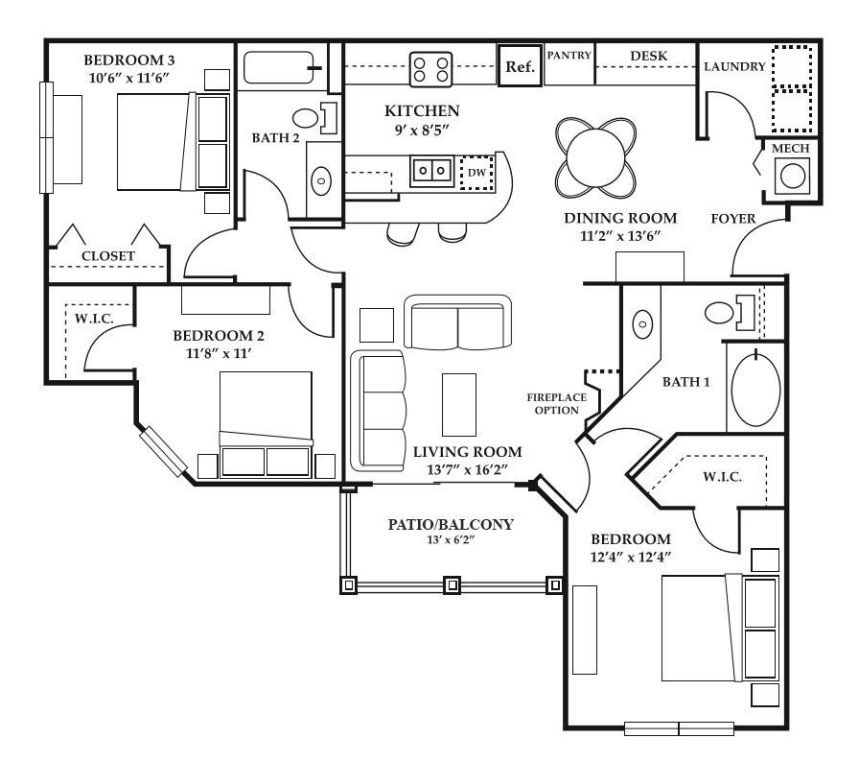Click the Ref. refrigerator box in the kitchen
pos(520,66)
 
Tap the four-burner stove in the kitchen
pos(431,69)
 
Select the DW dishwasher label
pos(477,173)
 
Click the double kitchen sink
pos(431,171)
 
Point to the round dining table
pos(595,158)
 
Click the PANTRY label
pos(569,55)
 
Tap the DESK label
pos(649,56)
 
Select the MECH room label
pos(790,148)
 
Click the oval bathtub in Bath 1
pos(755,390)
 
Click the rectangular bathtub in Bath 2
pos(279,67)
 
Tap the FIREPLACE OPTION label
pos(557,403)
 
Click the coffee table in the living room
pos(459,405)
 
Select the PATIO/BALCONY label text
pos(451,525)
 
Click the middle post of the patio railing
pos(452,584)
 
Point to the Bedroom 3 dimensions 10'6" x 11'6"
pos(128,78)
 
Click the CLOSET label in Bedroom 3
pos(108,256)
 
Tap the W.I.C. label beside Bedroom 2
pos(94,319)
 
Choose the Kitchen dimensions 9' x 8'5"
pos(421,131)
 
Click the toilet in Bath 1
pos(730,313)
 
